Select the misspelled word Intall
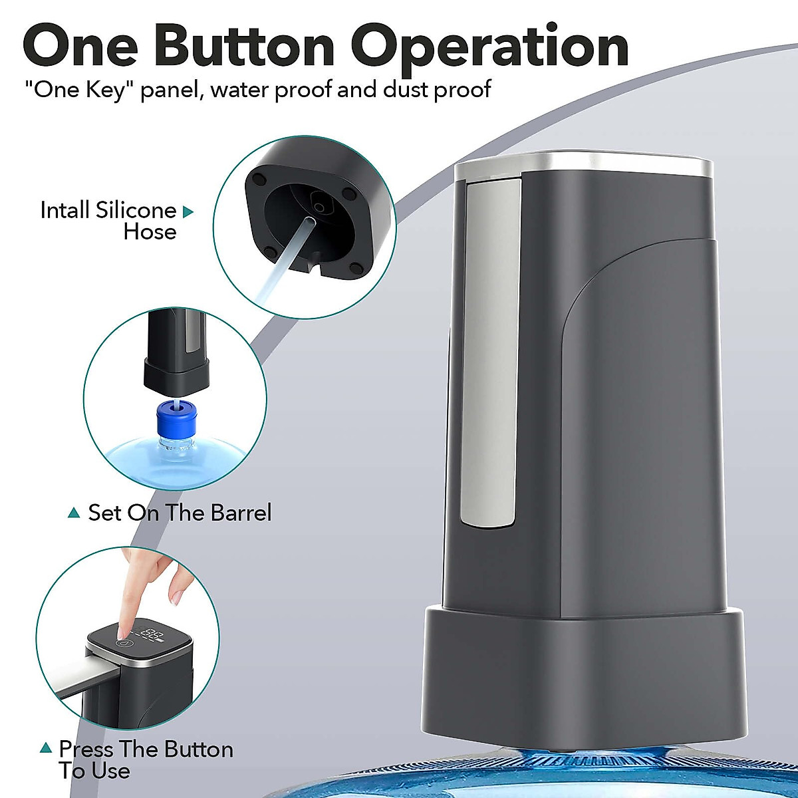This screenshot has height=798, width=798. (65, 210)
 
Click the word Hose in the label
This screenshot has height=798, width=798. (150, 232)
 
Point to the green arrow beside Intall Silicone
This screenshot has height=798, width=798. (188, 212)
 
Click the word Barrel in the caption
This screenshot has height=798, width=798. (241, 513)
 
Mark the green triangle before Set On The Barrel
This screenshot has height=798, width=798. (74, 513)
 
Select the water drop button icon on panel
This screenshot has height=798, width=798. (124, 643)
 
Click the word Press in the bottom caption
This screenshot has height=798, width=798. (86, 749)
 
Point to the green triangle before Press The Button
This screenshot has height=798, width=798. (46, 748)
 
